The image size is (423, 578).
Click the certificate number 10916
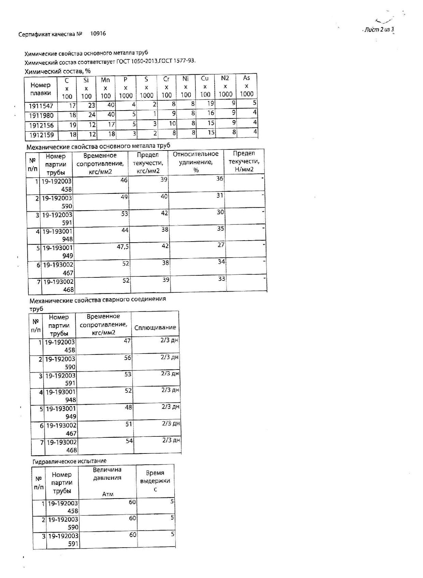pyautogui.click(x=98, y=33)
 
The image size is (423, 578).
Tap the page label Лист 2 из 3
pyautogui.click(x=379, y=30)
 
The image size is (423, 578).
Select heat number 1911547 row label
pyautogui.click(x=41, y=106)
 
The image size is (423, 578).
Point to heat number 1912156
pyautogui.click(x=41, y=125)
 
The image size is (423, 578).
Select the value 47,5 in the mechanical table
pyautogui.click(x=123, y=247)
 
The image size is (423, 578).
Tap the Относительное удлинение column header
pyautogui.click(x=195, y=162)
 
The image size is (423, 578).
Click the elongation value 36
pyautogui.click(x=220, y=178)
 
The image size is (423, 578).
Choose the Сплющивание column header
pyautogui.click(x=155, y=328)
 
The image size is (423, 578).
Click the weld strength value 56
pyautogui.click(x=127, y=358)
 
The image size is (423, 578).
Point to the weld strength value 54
pyautogui.click(x=129, y=441)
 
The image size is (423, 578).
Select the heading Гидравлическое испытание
pyautogui.click(x=70, y=461)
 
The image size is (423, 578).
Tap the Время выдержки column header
pyautogui.click(x=155, y=481)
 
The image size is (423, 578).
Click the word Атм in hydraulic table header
pyautogui.click(x=107, y=494)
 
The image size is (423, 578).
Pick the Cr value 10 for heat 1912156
pyautogui.click(x=172, y=124)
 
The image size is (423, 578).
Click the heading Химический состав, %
pyautogui.click(x=58, y=71)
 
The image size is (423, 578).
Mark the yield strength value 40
pyautogui.click(x=164, y=196)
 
